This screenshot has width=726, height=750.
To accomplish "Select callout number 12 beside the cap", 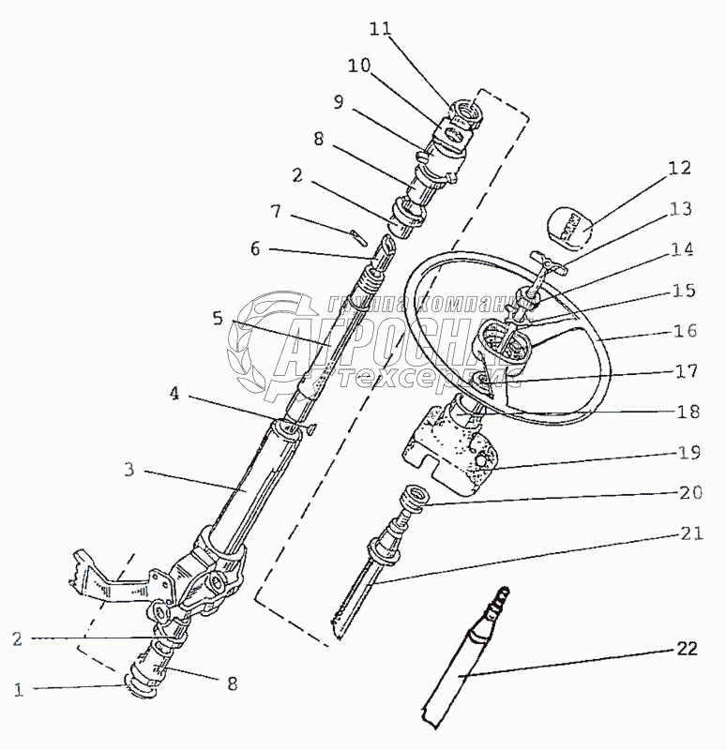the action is tap(679, 169).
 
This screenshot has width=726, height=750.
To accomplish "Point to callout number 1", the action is tap(17, 691).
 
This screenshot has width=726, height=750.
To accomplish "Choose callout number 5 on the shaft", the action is tap(218, 319).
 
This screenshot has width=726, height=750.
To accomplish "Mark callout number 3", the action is tap(130, 469).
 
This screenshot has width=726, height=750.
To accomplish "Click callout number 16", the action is tap(685, 330).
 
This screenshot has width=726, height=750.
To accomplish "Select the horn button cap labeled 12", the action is tap(566, 226).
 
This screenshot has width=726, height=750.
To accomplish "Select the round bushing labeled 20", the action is tap(413, 497).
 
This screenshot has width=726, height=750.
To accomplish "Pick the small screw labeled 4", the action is tap(308, 430).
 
